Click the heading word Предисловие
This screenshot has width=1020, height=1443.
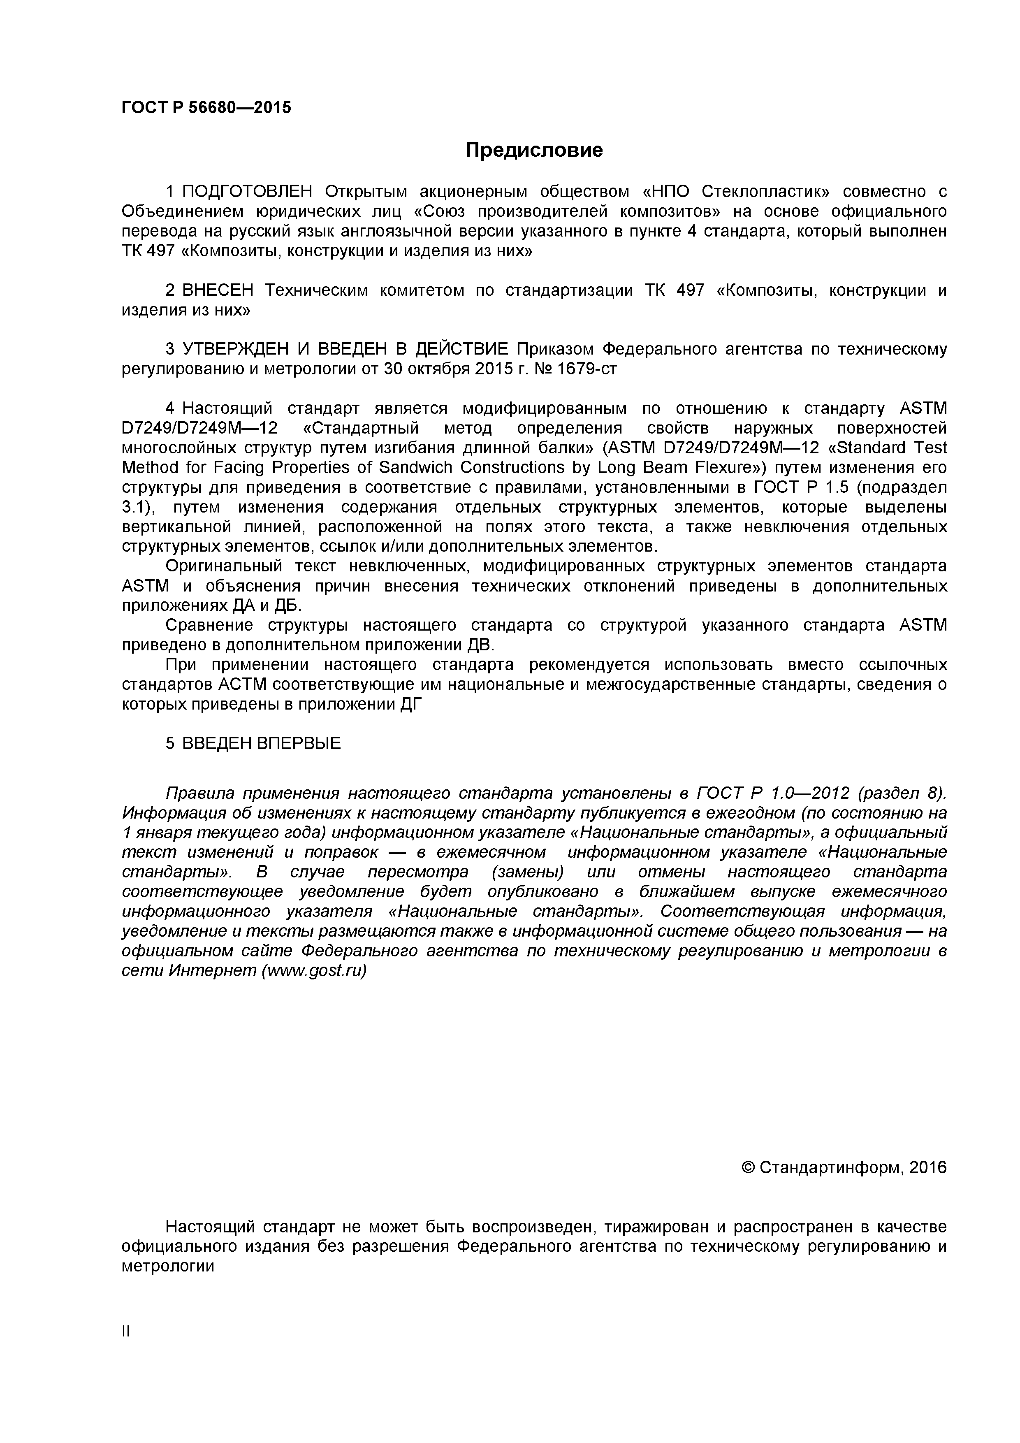533,150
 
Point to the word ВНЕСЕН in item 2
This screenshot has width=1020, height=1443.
218,290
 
